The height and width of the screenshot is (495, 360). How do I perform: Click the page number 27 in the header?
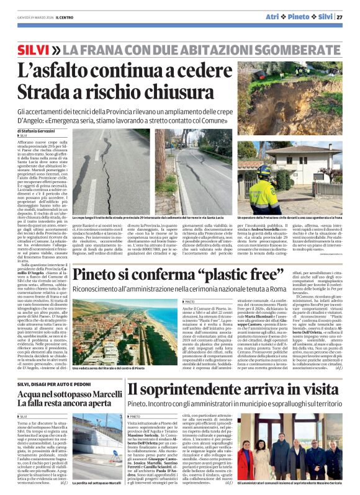tap(340, 17)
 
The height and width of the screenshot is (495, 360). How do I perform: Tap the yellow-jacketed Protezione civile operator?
tap(265, 190)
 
